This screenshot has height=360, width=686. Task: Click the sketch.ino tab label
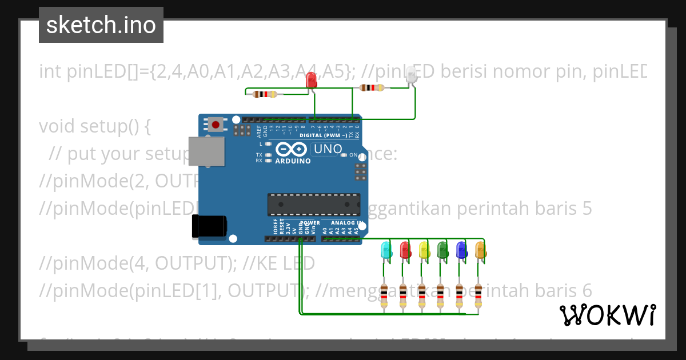pyautogui.click(x=101, y=25)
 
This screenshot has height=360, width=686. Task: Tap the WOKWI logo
pyautogui.click(x=607, y=315)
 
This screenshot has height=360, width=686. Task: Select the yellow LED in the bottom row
pyautogui.click(x=424, y=250)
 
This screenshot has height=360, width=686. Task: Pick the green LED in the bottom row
pyautogui.click(x=442, y=250)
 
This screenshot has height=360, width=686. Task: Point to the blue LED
pyautogui.click(x=461, y=250)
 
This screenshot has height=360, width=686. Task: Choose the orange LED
pyautogui.click(x=480, y=250)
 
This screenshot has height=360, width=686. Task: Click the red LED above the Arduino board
pyautogui.click(x=312, y=80)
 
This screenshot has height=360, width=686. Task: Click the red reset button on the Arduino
pyautogui.click(x=216, y=124)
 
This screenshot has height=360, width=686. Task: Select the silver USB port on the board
pyautogui.click(x=206, y=151)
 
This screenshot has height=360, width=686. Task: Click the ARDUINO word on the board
pyautogui.click(x=293, y=161)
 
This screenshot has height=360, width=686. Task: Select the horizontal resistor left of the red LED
pyautogui.click(x=264, y=94)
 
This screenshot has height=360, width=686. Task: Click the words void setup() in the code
pyautogui.click(x=94, y=126)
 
